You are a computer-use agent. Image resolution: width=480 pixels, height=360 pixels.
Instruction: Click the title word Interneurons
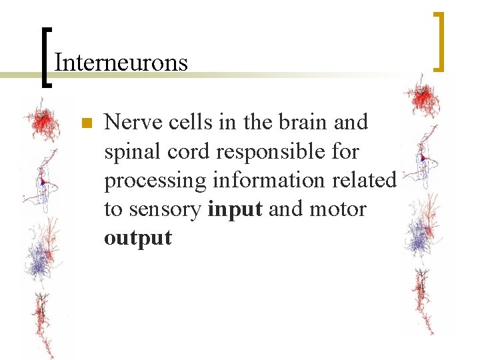121,63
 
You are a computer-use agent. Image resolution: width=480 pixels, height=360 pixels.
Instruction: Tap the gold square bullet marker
85,123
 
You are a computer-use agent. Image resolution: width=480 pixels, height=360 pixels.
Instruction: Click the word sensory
166,210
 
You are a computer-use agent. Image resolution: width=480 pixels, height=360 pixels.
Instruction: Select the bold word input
235,210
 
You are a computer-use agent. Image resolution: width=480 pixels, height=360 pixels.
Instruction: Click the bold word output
137,238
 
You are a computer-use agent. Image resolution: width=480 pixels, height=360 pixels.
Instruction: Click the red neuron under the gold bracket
421,99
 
